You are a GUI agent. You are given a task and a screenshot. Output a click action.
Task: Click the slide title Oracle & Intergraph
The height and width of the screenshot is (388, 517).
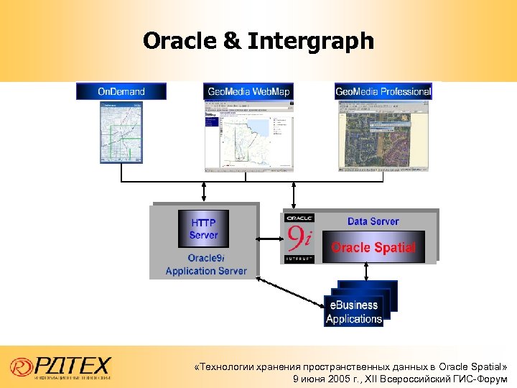(258, 41)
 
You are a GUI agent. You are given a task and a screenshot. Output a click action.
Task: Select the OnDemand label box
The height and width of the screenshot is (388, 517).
(121, 91)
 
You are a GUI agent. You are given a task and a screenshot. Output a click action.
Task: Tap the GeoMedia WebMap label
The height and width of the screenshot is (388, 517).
(248, 91)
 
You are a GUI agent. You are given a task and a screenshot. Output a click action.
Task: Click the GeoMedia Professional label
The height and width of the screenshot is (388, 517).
(383, 91)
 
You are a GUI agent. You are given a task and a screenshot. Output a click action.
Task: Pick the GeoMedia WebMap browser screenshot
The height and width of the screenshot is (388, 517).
(248, 137)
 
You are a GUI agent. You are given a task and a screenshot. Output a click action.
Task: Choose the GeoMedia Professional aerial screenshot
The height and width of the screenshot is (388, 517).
(383, 137)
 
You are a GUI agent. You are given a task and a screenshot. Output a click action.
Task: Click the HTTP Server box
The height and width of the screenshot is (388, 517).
(203, 228)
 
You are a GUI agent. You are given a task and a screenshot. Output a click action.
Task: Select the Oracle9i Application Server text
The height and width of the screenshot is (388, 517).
(205, 264)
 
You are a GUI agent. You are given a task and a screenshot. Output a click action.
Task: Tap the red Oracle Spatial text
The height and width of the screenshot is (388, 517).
(373, 248)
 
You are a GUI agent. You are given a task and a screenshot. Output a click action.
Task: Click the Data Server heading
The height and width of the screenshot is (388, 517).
(373, 221)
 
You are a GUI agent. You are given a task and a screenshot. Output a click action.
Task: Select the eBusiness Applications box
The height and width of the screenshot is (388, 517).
(354, 311)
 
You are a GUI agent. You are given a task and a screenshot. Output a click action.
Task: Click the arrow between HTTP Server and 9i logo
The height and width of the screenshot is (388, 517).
(270, 238)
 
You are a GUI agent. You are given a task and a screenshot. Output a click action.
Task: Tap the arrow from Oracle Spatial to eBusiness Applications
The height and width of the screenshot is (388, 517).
(366, 272)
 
